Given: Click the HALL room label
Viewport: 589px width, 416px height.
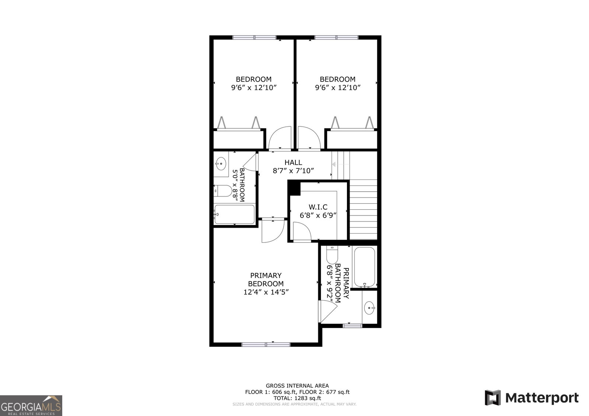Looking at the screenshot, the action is pos(293,162).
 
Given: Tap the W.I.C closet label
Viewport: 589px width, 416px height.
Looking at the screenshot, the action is pos(318,207).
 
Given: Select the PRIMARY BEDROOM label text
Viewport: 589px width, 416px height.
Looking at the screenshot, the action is pos(266,280).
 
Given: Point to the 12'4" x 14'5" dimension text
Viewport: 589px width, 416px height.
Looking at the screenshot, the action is pos(266,292).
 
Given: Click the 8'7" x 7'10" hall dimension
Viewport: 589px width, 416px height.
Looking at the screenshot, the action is pos(294,171).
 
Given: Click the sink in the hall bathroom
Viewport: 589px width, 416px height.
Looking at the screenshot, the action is pos(221,164).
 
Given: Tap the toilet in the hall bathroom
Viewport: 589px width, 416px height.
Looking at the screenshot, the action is pos(223,191).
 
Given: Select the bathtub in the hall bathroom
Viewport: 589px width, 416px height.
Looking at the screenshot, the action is pos(235,214).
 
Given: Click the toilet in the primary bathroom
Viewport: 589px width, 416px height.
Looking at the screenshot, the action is pos(332,255).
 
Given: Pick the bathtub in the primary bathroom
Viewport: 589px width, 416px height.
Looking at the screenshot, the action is pos(364,267).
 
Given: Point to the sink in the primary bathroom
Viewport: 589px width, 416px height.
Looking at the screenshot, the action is pos(369,308).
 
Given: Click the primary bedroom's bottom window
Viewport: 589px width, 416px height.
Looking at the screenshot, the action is pos(266,345).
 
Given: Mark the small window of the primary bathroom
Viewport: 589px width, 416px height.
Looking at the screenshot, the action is pos(353,326).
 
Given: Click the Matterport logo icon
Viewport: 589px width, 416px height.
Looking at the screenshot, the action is pos(493,398).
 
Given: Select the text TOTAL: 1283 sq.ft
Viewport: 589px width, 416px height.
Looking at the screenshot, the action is pos(297,398).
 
